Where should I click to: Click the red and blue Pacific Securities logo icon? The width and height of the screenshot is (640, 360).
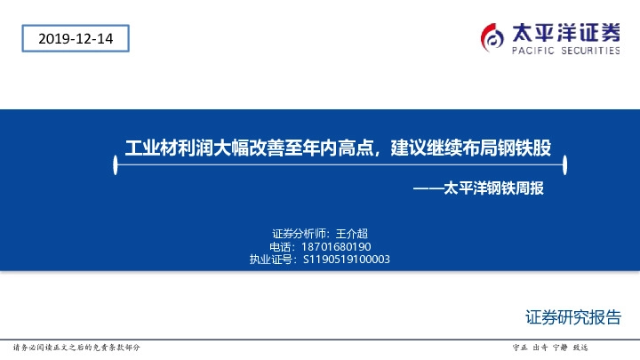(493, 36)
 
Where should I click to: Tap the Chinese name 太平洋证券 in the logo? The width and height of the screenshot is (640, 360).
(566, 32)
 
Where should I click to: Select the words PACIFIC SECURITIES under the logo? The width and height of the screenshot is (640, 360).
(566, 52)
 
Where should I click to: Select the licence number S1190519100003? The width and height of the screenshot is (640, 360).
(347, 260)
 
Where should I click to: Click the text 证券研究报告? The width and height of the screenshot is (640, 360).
(573, 317)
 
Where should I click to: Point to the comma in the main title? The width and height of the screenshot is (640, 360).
(380, 151)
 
